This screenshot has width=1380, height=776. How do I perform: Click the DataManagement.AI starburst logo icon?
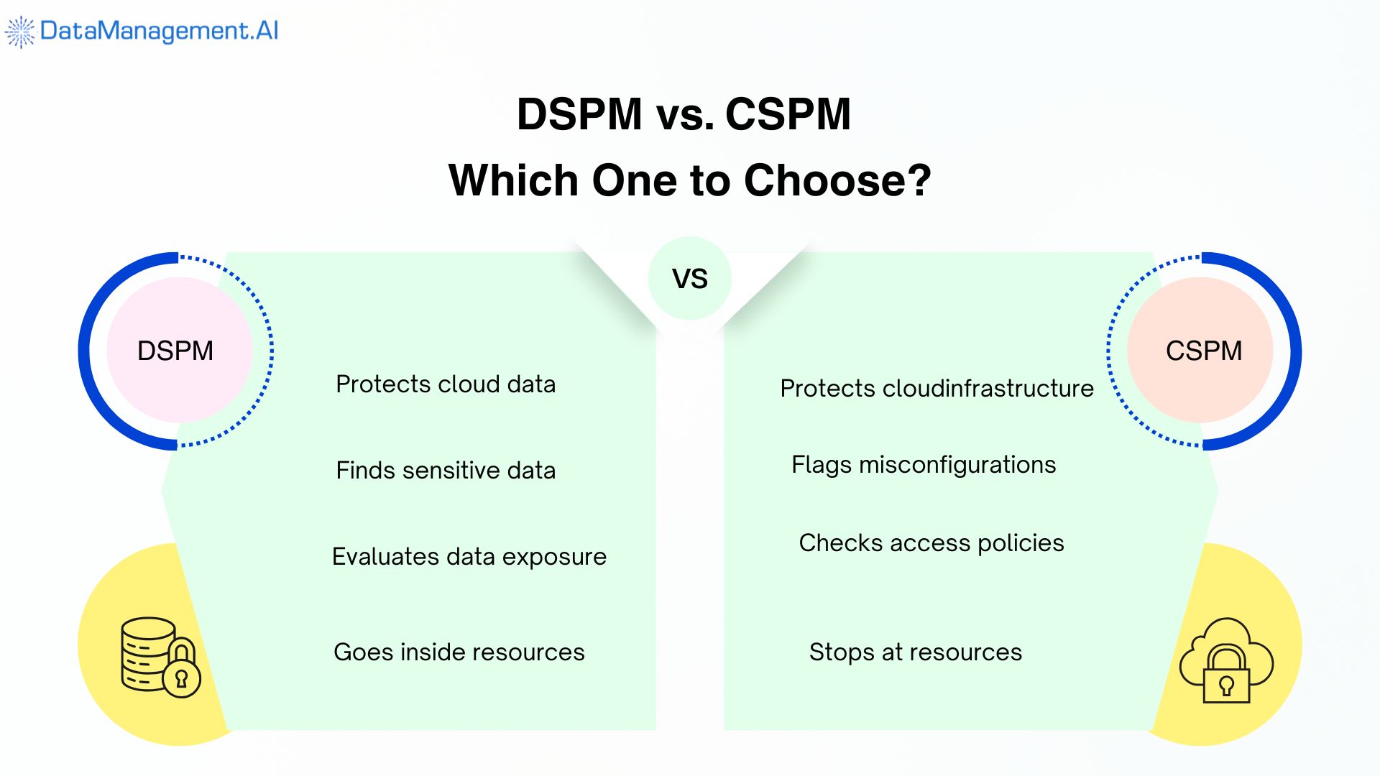19,32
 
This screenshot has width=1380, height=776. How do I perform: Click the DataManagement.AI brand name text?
159,31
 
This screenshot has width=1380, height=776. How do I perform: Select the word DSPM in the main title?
579,114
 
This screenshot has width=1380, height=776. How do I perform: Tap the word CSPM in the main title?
788,114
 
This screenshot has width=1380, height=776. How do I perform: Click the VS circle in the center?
689,278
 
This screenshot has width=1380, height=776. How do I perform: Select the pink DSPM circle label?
176,351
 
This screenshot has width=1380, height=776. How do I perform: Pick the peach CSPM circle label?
1203,351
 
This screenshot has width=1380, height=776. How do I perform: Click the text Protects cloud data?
446,384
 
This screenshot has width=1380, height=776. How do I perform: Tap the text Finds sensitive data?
446,471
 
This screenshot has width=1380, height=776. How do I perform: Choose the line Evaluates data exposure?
469,557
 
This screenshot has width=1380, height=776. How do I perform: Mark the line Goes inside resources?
459,652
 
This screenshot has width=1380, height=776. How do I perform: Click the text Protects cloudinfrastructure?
937,389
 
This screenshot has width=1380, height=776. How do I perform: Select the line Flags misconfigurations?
924,465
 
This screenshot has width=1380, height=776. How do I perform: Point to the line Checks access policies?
931,543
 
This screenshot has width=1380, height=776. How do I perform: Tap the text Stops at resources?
915,652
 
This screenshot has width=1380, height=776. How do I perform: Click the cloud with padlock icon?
1225,660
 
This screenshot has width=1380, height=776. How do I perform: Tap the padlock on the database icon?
181,672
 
